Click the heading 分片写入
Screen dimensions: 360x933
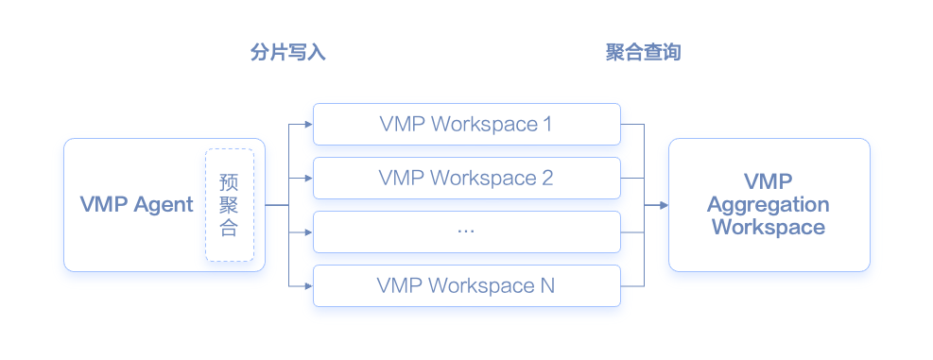point(287,53)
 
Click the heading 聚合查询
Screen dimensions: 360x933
point(643,53)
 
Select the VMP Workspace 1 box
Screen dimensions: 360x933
point(466,124)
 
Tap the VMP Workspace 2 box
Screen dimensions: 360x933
point(466,178)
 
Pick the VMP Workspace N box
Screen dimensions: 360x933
point(466,285)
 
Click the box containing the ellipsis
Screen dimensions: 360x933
point(466,231)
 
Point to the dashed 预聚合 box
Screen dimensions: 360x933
point(230,205)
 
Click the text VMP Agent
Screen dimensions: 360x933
point(137,205)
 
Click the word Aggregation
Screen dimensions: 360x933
point(768,205)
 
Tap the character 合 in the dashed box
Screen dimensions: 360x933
point(229,229)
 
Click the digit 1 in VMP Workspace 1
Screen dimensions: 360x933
point(547,124)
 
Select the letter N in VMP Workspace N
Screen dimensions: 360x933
point(547,285)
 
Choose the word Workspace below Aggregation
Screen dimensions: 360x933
point(768,228)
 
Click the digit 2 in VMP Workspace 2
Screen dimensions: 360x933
point(547,178)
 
